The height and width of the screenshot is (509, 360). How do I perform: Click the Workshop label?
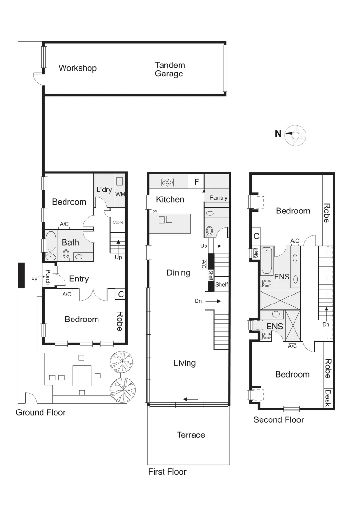pyautogui.click(x=77, y=68)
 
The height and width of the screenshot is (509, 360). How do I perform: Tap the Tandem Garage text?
pyautogui.click(x=170, y=69)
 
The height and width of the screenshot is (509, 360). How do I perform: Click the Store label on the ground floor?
pyautogui.click(x=117, y=222)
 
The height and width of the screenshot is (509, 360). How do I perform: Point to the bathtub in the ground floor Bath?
pyautogui.click(x=51, y=246)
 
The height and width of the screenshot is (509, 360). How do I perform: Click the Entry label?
pyautogui.click(x=79, y=279)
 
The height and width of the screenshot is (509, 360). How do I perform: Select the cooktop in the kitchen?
pyautogui.click(x=167, y=182)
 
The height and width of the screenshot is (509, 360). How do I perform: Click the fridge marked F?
pyautogui.click(x=196, y=181)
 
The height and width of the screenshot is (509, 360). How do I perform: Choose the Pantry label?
pyautogui.click(x=218, y=197)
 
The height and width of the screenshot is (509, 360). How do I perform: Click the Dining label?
pyautogui.click(x=178, y=273)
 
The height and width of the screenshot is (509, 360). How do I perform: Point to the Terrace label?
pyautogui.click(x=190, y=435)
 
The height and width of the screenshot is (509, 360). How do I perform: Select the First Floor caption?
pyautogui.click(x=167, y=472)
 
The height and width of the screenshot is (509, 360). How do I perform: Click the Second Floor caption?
pyautogui.click(x=278, y=420)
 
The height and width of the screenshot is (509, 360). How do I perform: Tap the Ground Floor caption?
pyautogui.click(x=41, y=413)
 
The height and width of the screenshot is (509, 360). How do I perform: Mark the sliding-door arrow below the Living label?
pyautogui.click(x=191, y=400)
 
